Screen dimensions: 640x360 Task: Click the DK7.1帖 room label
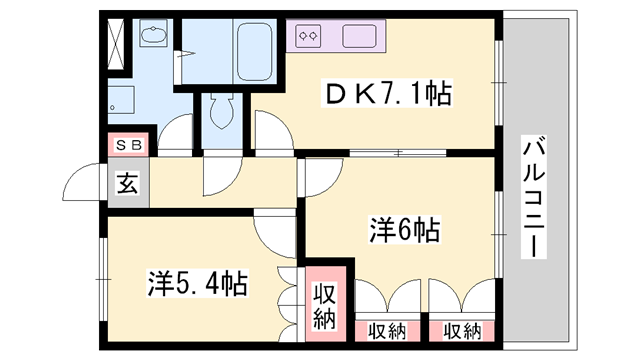(x=387, y=94)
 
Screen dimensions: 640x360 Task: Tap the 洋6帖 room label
(x=404, y=230)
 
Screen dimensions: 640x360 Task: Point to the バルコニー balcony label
(x=534, y=198)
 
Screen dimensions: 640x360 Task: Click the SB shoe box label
(x=129, y=145)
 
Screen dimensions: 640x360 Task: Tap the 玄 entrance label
(x=128, y=183)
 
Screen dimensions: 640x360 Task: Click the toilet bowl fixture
(x=222, y=109)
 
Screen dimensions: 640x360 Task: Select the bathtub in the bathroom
(x=255, y=51)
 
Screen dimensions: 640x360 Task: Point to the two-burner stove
(x=309, y=36)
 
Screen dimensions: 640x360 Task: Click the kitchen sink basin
(x=359, y=36)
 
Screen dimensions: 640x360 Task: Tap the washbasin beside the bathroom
(x=153, y=34)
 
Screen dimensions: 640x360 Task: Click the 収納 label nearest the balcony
(x=462, y=331)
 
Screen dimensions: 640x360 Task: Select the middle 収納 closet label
(x=387, y=331)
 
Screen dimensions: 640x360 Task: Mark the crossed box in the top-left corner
(x=115, y=44)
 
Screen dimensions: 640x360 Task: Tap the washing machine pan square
(x=121, y=100)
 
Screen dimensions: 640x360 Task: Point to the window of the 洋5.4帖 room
(x=102, y=279)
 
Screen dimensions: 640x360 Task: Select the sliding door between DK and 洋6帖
(x=398, y=153)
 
